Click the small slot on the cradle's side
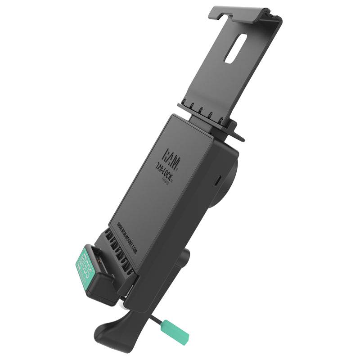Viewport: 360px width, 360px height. (218, 180)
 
